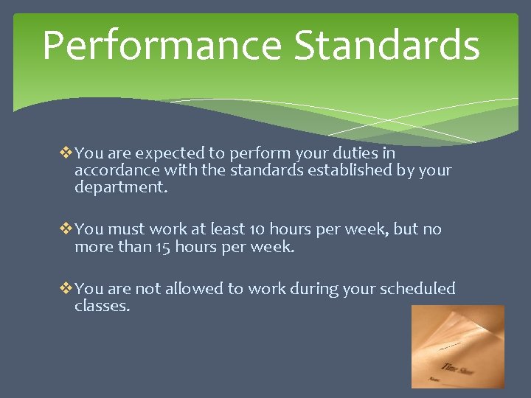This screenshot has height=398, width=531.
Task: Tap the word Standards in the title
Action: tap(386, 46)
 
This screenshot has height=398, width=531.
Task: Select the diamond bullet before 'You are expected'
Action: tap(66, 153)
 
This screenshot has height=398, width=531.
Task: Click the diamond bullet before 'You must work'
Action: tap(66, 229)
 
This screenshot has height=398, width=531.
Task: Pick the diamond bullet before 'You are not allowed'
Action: tap(66, 289)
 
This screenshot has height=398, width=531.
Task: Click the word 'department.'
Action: tap(121, 188)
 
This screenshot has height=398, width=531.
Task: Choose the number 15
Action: tap(164, 247)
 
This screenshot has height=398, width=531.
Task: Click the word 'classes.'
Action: tap(102, 306)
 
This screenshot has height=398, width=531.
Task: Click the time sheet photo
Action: tap(457, 346)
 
